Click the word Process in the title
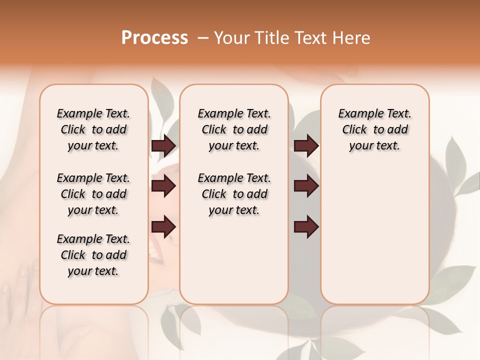(154, 38)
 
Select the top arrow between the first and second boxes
(163, 145)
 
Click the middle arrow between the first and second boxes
(163, 186)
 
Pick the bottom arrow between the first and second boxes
(163, 227)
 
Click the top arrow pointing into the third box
(306, 145)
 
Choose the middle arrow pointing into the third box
(306, 186)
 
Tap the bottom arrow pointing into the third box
(306, 227)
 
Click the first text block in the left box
(93, 129)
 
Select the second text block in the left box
(93, 194)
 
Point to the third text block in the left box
(93, 255)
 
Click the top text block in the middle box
(234, 129)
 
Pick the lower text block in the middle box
(234, 194)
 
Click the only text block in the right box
(374, 129)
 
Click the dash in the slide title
(203, 38)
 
